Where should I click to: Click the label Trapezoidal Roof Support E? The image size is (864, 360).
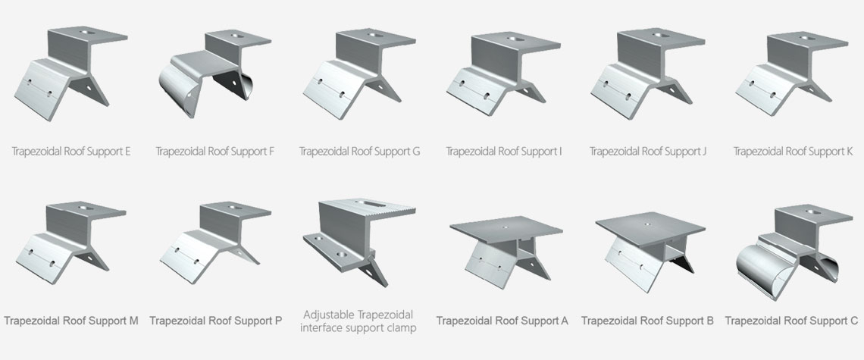point(71,151)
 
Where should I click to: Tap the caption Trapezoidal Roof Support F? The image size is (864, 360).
point(215,151)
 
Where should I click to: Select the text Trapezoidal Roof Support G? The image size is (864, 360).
point(359,151)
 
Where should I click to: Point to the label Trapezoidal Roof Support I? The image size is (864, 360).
point(504,151)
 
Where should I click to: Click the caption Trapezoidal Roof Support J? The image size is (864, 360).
point(648,151)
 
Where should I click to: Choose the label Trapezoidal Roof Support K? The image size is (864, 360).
point(793,151)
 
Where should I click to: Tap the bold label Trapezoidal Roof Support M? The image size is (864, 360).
point(71,321)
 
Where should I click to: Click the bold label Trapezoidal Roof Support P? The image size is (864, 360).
point(215,321)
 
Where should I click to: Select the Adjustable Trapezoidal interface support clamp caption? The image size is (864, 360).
point(358,321)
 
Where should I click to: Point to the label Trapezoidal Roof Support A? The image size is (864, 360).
point(502,321)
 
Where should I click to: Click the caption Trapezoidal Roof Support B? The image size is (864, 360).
point(647,321)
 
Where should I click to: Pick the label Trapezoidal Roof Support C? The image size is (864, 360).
point(791,321)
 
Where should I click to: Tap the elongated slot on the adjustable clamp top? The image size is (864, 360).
point(368,203)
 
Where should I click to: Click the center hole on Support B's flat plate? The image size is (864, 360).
point(647,224)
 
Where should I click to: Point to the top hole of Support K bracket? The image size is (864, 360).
point(808,38)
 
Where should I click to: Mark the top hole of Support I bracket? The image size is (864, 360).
point(513,39)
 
